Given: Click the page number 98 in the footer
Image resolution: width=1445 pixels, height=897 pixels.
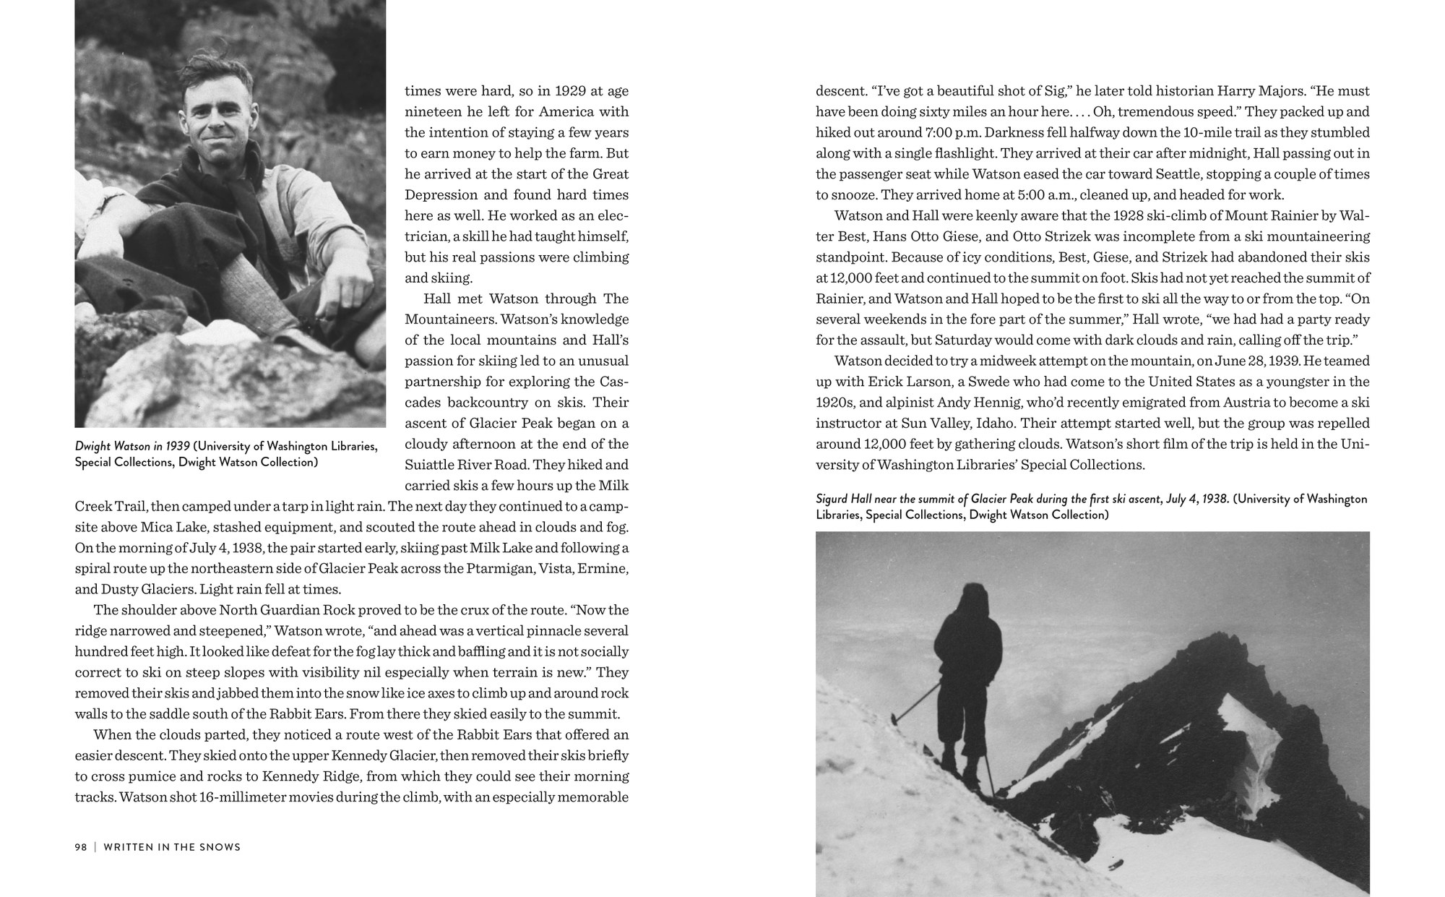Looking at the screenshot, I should point(81,846).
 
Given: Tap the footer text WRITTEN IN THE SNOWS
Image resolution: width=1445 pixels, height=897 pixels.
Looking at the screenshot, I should point(172,846).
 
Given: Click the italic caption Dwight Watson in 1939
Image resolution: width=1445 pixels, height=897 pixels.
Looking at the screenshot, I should point(132,446).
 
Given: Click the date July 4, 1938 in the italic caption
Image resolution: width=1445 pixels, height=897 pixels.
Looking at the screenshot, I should point(1197,499).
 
